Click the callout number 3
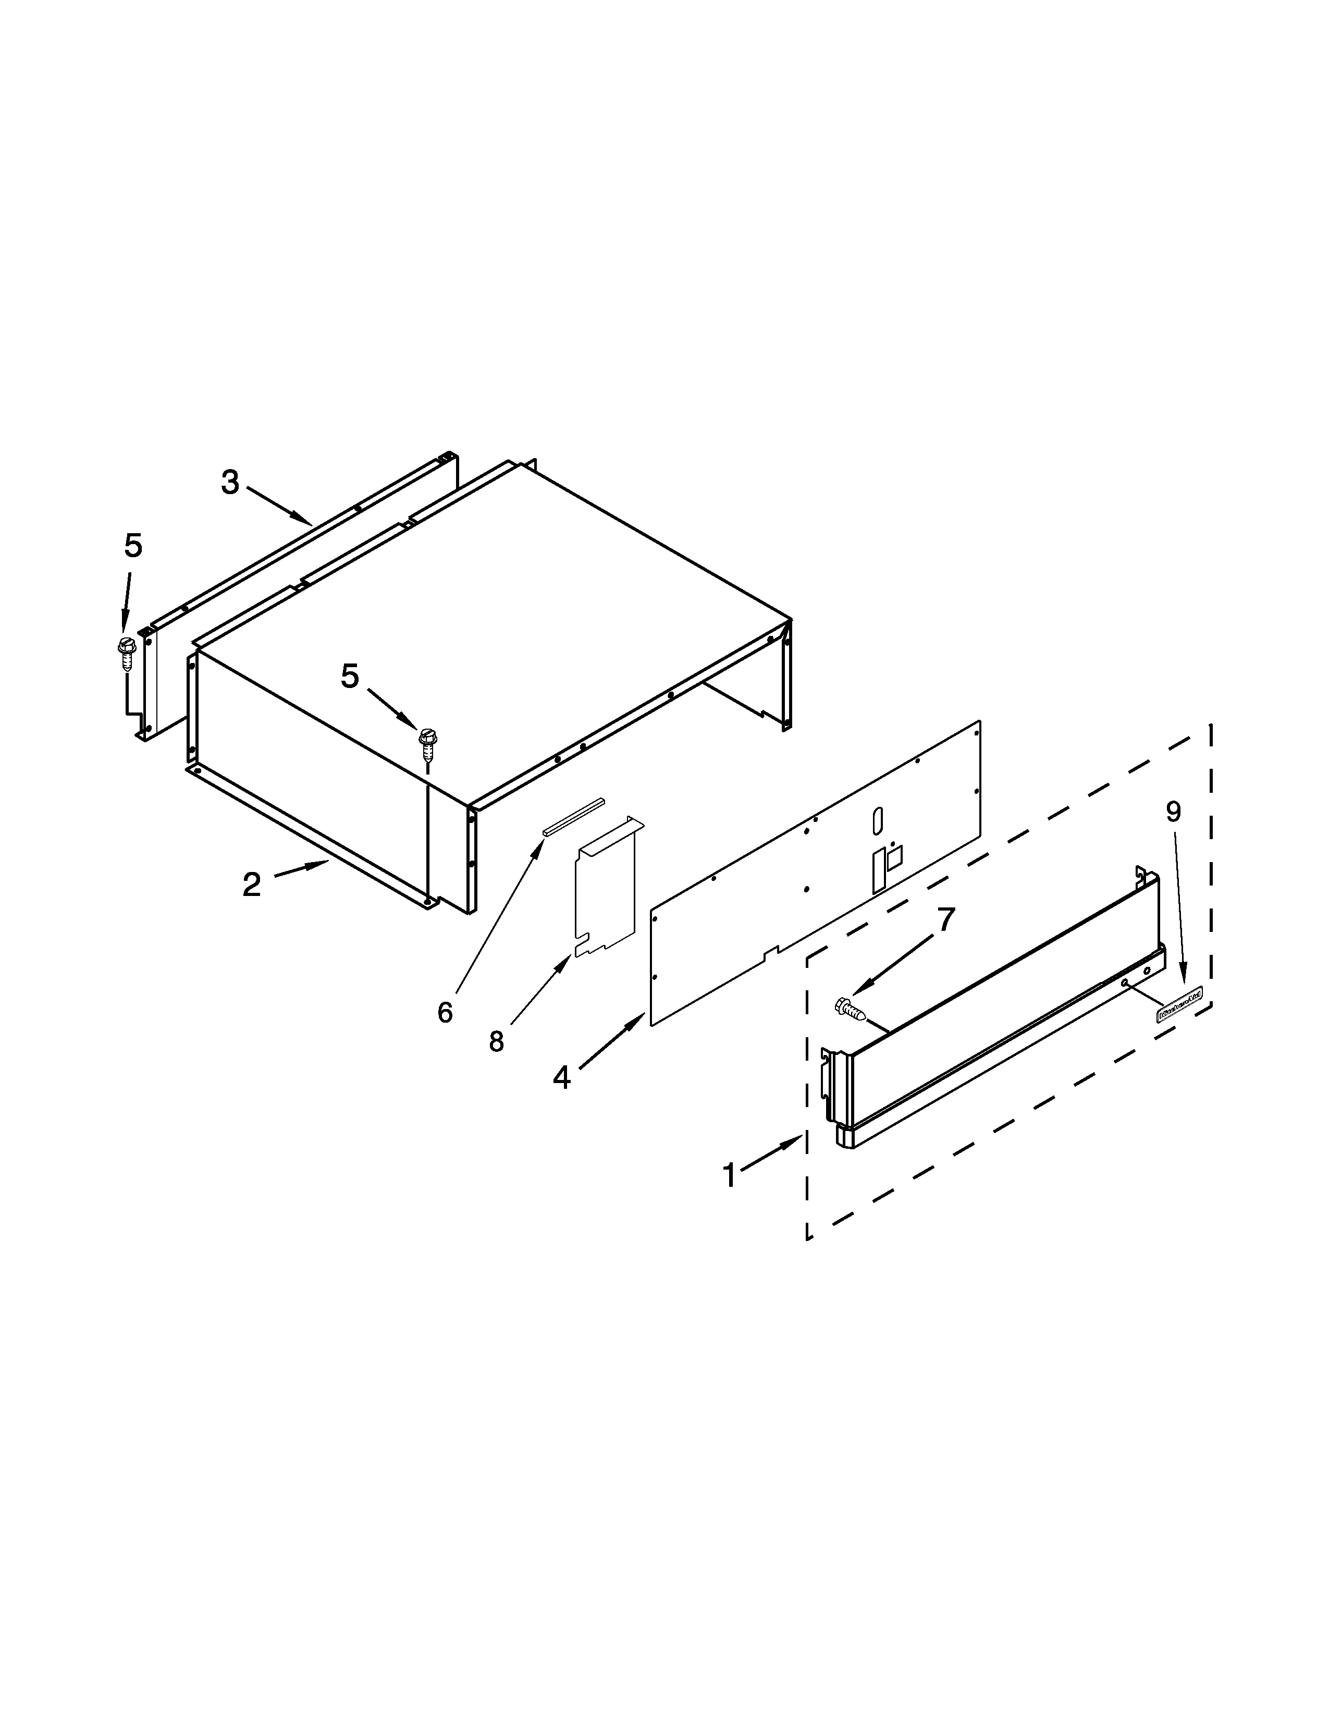229,482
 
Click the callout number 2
251,885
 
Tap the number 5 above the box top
350,675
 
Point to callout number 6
445,1013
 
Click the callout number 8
496,1041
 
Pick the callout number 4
561,1077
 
